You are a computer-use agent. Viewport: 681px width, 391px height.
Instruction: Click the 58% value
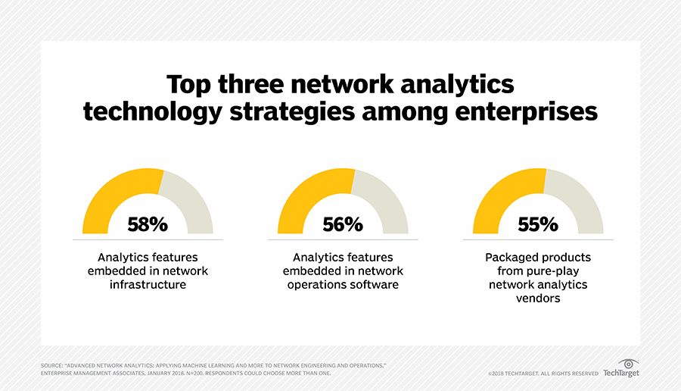coord(148,224)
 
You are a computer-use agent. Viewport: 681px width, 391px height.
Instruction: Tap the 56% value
coord(343,224)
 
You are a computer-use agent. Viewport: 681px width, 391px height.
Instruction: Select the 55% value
coord(538,224)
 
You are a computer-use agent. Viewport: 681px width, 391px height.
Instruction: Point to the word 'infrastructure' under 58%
coord(148,285)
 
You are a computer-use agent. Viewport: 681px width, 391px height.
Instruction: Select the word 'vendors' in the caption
coord(538,299)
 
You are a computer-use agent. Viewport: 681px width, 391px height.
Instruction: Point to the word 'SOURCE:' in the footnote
coord(52,366)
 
